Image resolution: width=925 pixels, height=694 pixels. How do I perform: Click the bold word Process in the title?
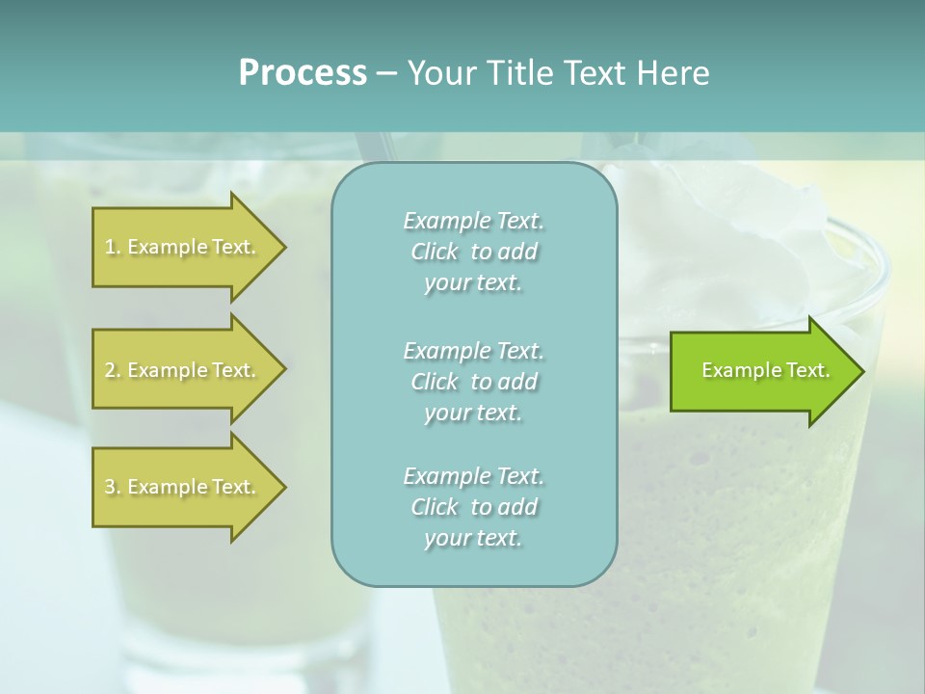303,73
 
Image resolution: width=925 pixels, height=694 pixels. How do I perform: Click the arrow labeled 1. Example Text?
183,247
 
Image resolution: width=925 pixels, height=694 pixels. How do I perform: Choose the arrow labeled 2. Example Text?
183,370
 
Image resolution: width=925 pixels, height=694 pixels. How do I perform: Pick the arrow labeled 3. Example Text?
183,487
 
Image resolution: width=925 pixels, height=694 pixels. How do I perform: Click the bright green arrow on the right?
761,371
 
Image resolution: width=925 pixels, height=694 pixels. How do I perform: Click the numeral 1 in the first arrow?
109,247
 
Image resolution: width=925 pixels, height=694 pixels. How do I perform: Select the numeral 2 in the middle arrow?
110,370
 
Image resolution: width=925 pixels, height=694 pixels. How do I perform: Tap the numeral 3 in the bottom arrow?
110,487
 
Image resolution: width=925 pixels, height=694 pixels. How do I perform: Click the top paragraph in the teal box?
473,252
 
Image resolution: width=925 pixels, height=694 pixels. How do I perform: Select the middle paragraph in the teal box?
473,382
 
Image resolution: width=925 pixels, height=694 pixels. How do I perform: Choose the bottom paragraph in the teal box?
473,507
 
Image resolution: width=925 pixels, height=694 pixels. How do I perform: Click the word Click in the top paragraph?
435,252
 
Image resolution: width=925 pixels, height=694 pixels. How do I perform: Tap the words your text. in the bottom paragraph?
473,538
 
